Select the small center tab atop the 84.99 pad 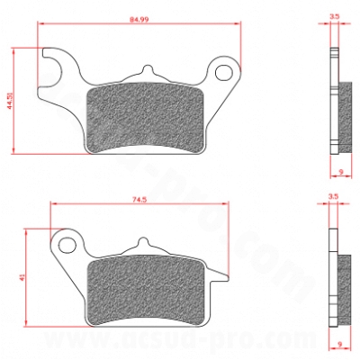tap(146, 73)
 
